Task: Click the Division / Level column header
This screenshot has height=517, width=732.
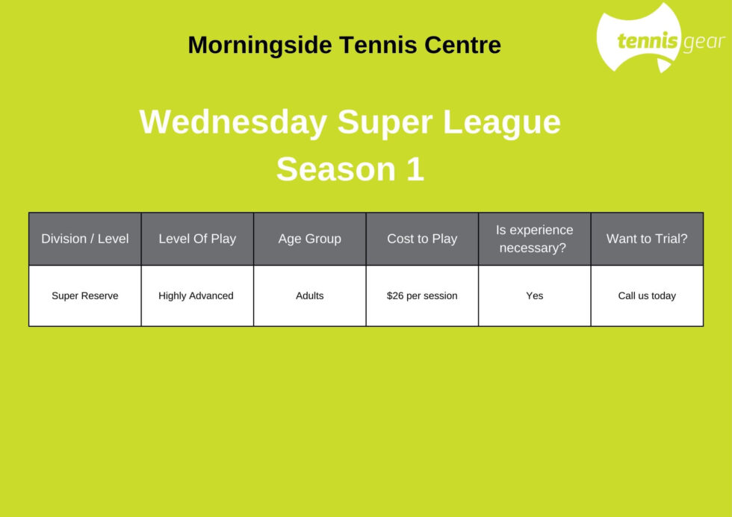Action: [x=85, y=239]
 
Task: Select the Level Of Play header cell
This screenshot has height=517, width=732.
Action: [x=197, y=239]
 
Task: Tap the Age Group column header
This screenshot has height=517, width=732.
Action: [x=310, y=239]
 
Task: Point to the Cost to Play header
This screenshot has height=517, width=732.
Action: [x=423, y=239]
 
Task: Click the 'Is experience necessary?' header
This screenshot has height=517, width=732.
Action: [x=535, y=239]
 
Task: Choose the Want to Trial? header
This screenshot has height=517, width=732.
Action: [x=647, y=239]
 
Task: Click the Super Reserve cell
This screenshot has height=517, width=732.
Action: [x=85, y=295]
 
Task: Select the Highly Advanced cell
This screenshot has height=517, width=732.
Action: [x=197, y=295]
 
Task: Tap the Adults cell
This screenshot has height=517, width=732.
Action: [x=310, y=295]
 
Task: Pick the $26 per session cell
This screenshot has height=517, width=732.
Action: [x=423, y=295]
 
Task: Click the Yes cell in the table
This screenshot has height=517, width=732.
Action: [x=535, y=295]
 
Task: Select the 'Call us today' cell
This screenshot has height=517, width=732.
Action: [x=647, y=295]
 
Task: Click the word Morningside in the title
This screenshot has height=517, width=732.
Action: [x=260, y=46]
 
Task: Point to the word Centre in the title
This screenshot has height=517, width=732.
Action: [x=462, y=46]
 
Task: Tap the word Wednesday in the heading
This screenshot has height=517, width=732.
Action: [x=233, y=122]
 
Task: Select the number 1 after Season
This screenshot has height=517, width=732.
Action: [x=415, y=169]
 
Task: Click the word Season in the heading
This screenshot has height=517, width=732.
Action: [x=336, y=169]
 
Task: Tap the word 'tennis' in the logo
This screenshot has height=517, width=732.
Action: [x=648, y=41]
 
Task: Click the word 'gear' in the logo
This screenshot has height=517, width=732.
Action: [x=704, y=43]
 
